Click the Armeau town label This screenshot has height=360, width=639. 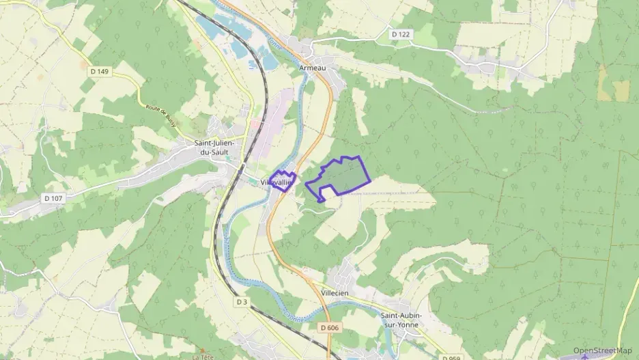click(313, 68)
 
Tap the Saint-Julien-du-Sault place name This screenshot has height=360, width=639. click(212, 147)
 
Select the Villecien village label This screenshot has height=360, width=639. click(335, 292)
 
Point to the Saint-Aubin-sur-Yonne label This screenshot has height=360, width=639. click(401, 320)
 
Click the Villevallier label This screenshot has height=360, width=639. click(276, 182)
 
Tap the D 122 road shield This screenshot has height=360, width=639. click(401, 33)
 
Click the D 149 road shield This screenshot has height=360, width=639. click(98, 71)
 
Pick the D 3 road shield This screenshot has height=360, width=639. click(241, 301)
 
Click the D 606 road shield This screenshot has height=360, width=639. click(328, 328)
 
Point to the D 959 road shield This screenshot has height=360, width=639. click(451, 357)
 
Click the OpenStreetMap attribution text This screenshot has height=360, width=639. click(602, 350)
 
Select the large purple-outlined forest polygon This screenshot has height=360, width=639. click(341, 176)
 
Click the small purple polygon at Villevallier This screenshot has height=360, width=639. click(281, 179)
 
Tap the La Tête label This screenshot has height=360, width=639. click(203, 356)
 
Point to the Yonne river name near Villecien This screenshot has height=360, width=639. click(294, 317)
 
